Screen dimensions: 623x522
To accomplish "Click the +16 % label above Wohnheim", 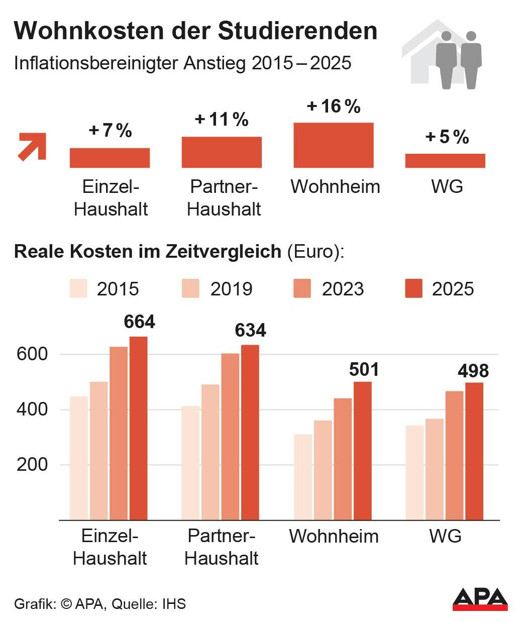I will [x=334, y=107].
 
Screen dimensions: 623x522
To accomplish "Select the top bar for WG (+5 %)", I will [x=445, y=161].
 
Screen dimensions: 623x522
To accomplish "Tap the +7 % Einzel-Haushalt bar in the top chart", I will [x=110, y=158].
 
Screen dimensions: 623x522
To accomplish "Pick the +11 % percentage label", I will [x=222, y=120].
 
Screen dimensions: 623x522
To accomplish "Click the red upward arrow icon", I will [x=32, y=146].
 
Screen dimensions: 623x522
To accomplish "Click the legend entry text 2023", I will [x=343, y=289].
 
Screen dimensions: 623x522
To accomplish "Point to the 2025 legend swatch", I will [x=413, y=288].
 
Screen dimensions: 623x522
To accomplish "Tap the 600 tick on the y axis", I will [x=32, y=354].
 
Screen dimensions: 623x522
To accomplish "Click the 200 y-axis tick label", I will [x=32, y=465].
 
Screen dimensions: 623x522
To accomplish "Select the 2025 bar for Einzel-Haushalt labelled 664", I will [x=138, y=428].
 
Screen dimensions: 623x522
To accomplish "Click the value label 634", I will [x=250, y=331].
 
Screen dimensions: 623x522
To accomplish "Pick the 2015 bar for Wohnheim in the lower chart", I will [x=303, y=477].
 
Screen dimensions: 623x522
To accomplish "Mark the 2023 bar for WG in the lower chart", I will [x=454, y=455].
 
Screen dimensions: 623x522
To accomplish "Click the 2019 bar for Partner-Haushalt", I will [x=211, y=452].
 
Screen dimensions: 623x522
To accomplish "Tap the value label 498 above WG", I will [x=473, y=371].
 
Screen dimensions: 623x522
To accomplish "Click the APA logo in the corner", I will [x=480, y=599].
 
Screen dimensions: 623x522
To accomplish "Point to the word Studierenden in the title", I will [x=298, y=31].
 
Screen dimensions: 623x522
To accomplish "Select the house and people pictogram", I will [x=442, y=55].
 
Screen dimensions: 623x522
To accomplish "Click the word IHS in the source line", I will [x=174, y=603].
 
